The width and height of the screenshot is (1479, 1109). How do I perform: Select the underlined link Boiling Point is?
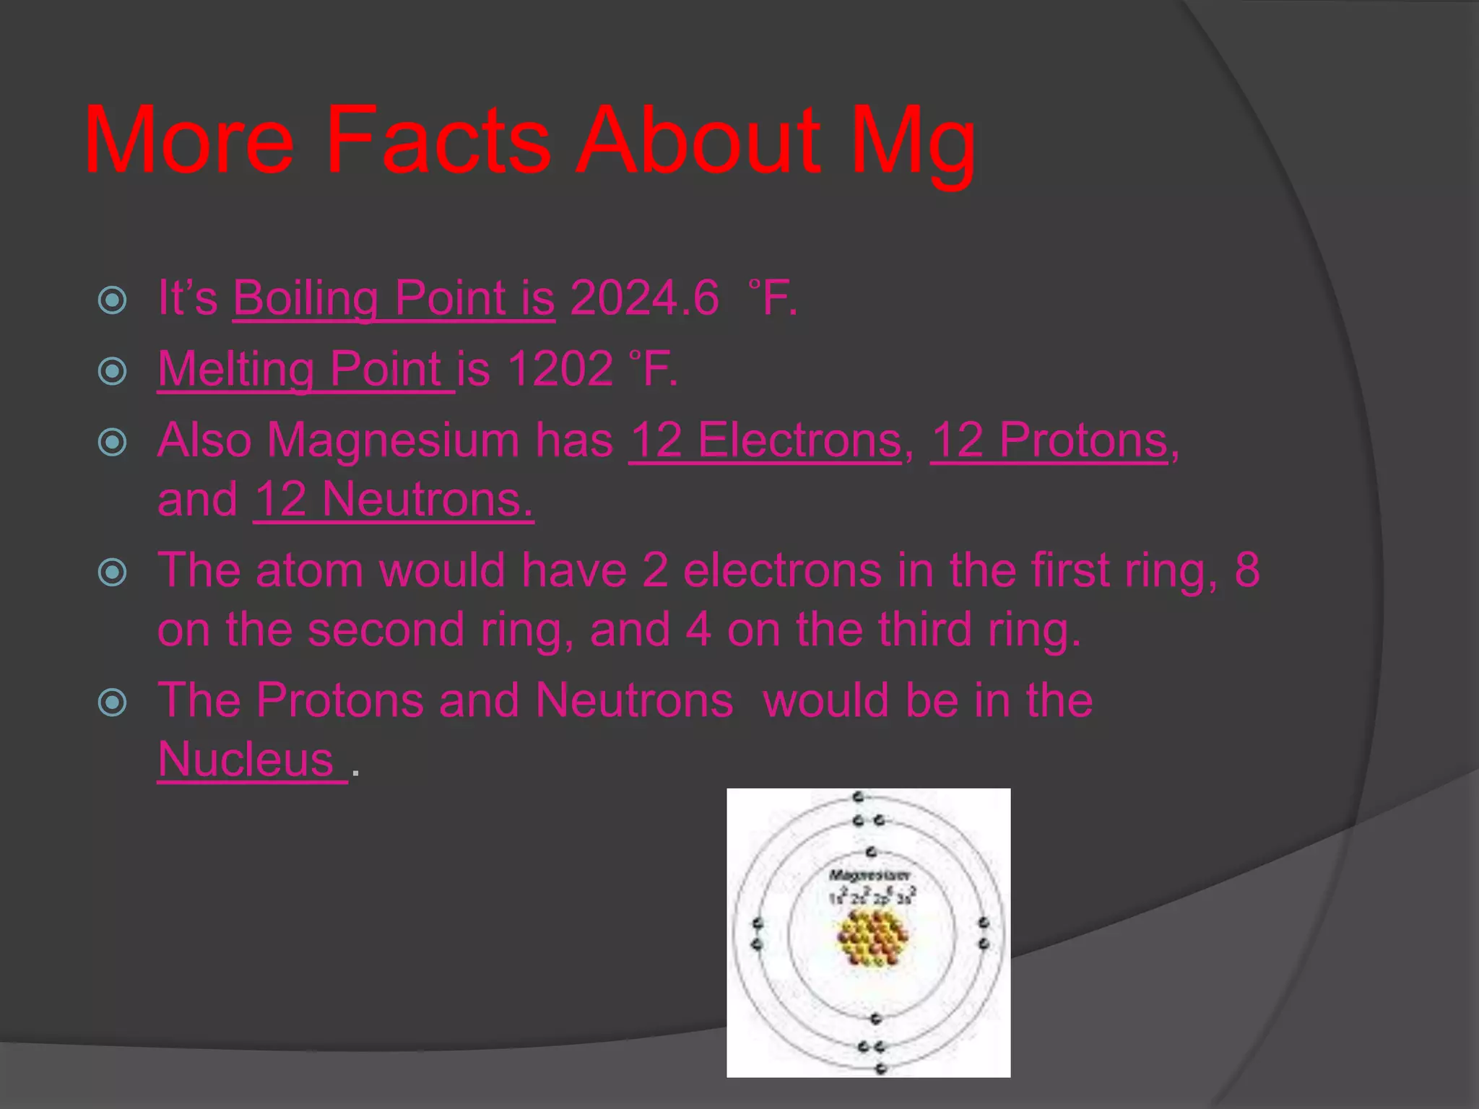(394, 298)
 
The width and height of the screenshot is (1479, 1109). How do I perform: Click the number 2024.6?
(644, 298)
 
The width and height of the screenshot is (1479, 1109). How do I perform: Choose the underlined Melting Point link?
(305, 369)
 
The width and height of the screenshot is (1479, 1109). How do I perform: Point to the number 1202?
(560, 369)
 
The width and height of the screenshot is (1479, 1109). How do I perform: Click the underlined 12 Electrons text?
(765, 440)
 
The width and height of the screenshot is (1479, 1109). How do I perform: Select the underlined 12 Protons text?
(1049, 440)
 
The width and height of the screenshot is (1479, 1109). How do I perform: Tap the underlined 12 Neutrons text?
(394, 499)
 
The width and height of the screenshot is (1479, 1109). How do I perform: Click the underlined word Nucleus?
(246, 760)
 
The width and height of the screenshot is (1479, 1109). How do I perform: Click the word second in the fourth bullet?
(386, 629)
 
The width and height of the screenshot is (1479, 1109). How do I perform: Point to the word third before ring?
(920, 629)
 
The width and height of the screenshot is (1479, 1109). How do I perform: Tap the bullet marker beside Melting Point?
(113, 371)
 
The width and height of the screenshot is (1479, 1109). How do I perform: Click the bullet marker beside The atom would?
(113, 573)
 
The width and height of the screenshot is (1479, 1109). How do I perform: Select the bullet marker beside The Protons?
(113, 702)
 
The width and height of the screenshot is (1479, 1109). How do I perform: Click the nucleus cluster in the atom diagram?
(872, 937)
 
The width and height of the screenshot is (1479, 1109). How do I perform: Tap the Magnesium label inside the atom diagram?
(869, 875)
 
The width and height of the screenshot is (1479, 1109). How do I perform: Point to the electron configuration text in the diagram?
(872, 897)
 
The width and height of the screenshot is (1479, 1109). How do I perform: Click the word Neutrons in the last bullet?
(634, 700)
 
